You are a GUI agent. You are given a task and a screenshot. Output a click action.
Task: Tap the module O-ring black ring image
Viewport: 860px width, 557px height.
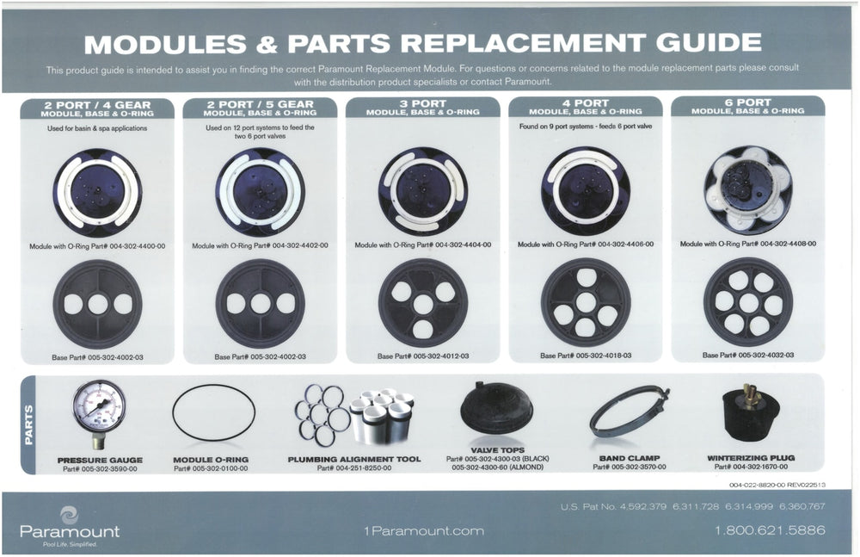click(x=213, y=413)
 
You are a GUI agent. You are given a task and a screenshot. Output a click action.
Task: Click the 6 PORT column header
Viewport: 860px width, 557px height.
click(x=747, y=107)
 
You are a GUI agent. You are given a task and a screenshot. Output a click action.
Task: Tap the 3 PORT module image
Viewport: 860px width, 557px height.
click(x=422, y=191)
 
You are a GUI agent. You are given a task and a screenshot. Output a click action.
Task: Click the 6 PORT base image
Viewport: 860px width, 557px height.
click(x=747, y=302)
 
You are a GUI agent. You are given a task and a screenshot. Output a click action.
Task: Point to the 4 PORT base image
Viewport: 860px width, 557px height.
click(x=585, y=302)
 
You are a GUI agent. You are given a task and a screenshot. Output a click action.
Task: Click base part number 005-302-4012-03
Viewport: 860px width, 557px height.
click(x=422, y=356)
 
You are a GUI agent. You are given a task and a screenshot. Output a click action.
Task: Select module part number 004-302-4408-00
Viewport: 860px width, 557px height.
click(x=747, y=244)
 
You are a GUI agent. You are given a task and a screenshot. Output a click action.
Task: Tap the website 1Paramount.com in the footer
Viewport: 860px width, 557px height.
click(x=424, y=531)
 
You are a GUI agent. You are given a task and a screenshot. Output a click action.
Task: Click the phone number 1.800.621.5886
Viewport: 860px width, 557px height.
click(x=769, y=530)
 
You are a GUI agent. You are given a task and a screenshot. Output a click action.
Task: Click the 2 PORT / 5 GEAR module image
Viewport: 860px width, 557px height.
click(x=260, y=191)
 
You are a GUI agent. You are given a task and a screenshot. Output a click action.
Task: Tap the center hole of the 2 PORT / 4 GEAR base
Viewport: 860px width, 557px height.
click(x=97, y=304)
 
